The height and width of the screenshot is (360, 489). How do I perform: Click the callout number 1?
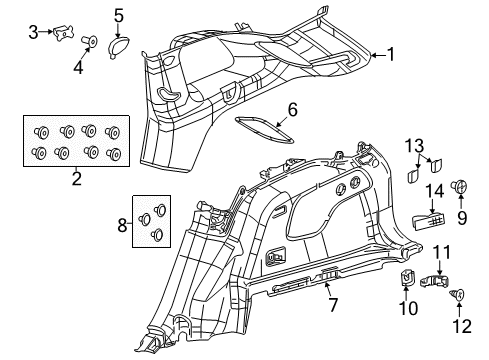tap(390, 56)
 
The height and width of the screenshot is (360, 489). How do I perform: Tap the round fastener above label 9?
tap(461, 186)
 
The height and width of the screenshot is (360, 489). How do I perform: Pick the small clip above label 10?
tap(407, 279)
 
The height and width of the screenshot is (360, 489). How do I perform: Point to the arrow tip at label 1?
tap(367, 56)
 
